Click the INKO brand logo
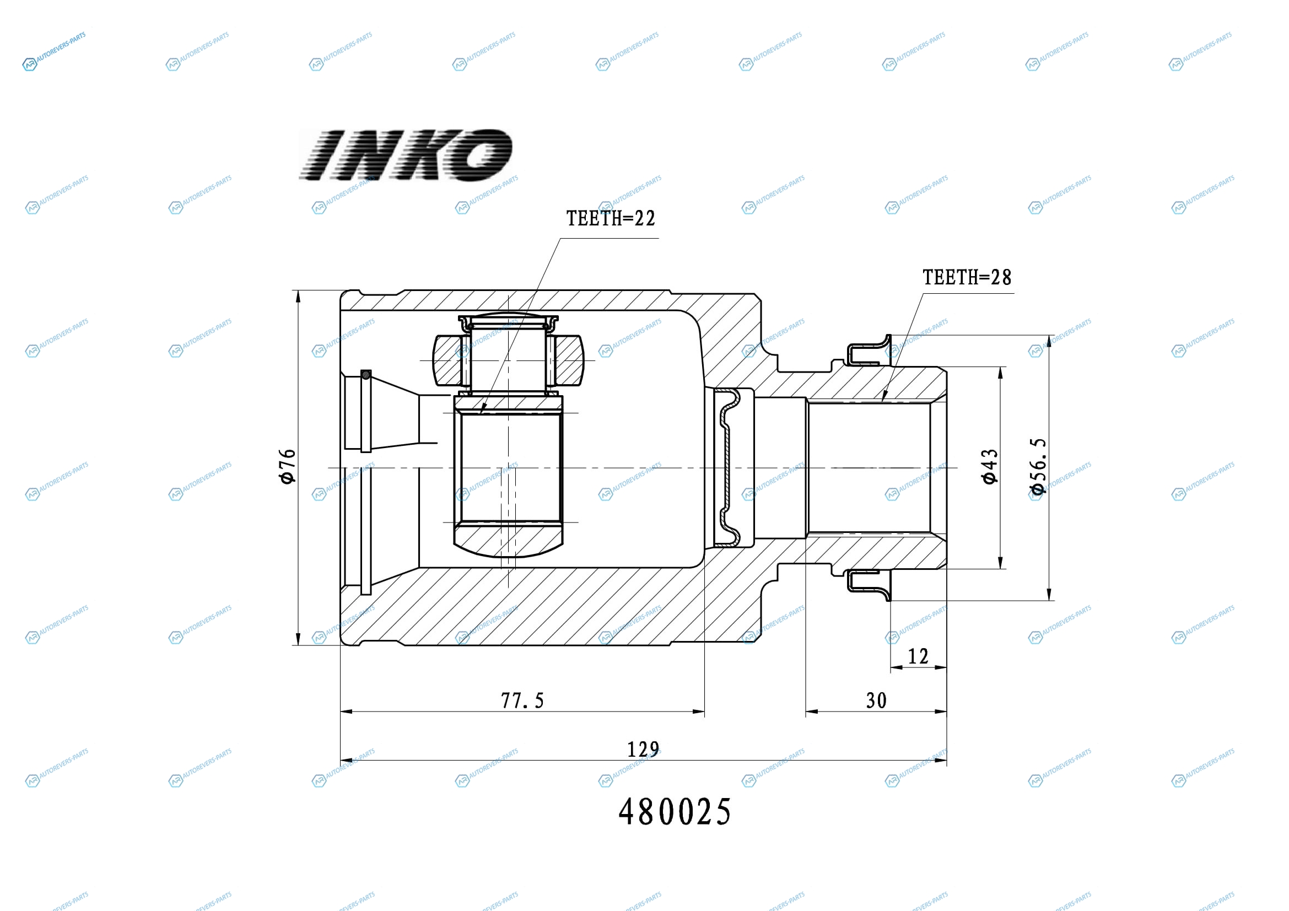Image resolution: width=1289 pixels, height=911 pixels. (x=406, y=155)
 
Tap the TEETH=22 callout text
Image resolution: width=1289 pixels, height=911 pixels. (x=610, y=218)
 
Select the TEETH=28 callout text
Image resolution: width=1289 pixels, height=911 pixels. (x=967, y=277)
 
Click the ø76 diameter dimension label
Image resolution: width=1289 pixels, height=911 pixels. (x=288, y=466)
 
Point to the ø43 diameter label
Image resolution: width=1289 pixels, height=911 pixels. (x=989, y=466)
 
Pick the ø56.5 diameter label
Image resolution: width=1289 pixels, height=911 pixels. (x=1038, y=466)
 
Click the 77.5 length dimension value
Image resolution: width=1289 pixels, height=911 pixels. (x=522, y=701)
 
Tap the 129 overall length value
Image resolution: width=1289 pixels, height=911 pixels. (x=643, y=750)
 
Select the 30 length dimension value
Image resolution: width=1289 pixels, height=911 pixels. (x=876, y=701)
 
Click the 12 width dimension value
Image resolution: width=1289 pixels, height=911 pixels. (x=919, y=657)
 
